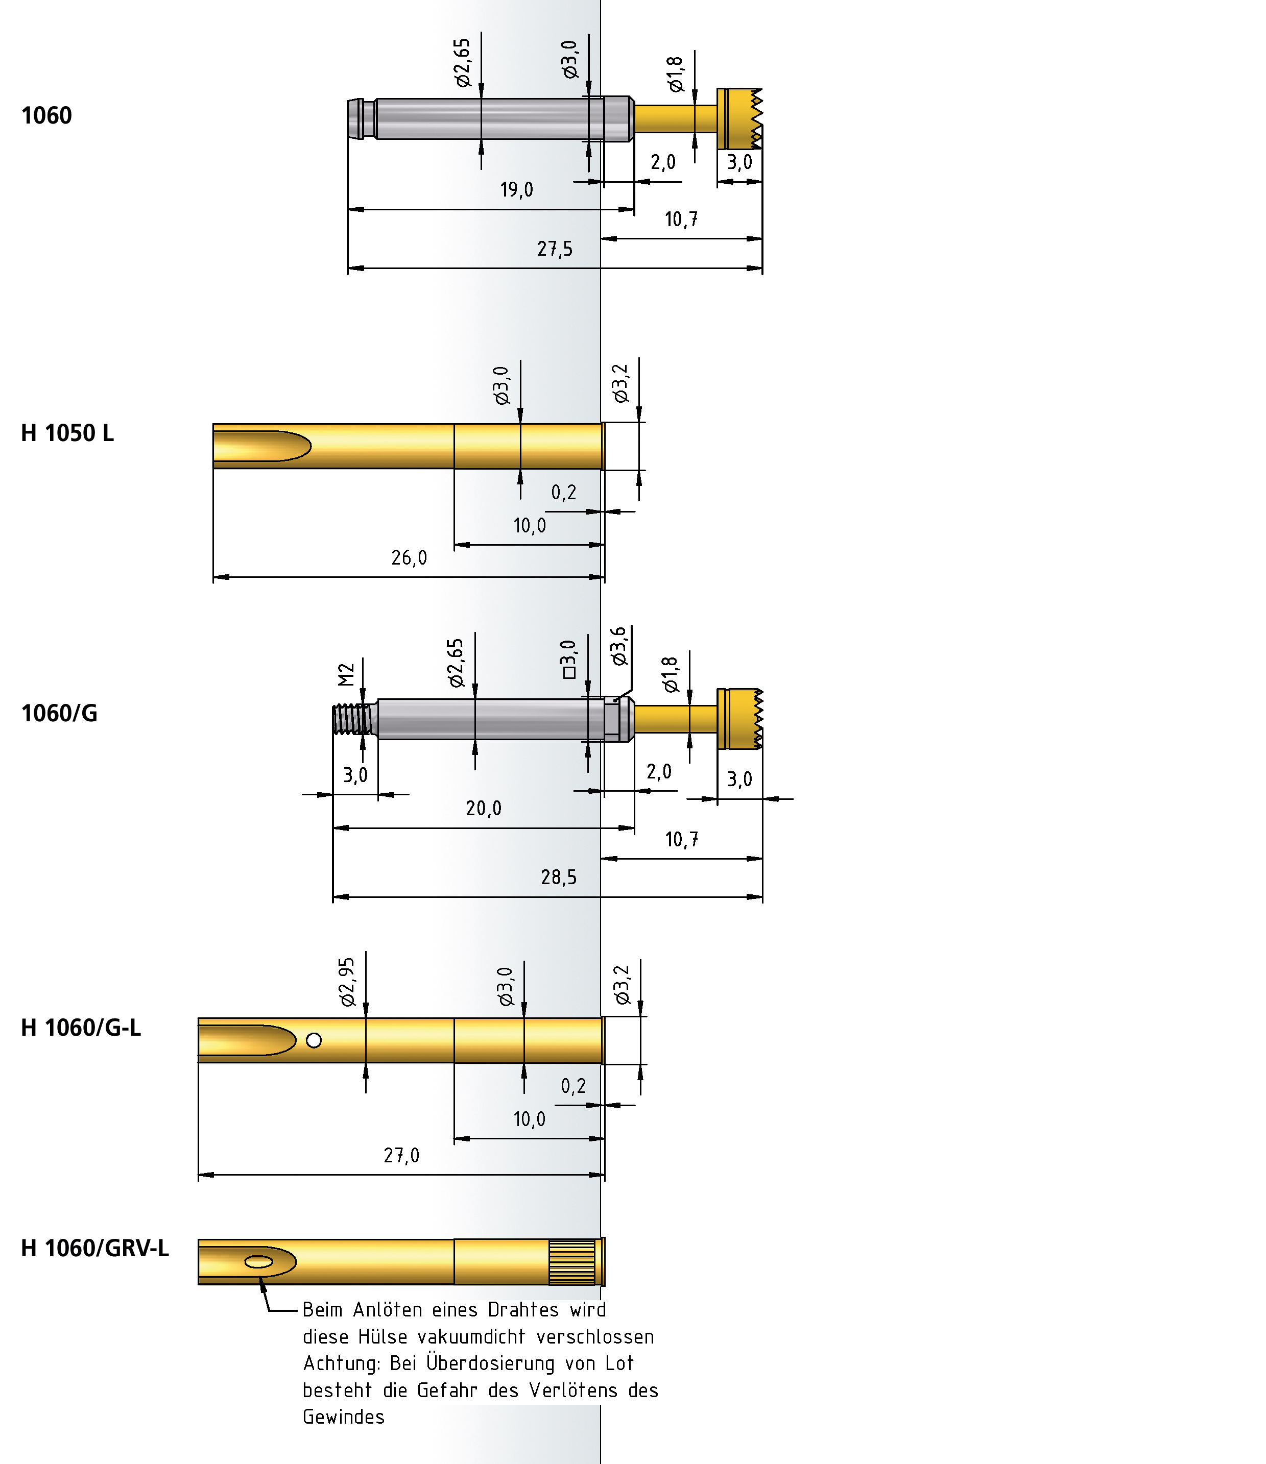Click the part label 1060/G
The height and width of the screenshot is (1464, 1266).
point(59,714)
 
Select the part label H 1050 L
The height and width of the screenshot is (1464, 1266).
point(67,433)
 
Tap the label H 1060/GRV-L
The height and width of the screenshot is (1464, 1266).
point(94,1249)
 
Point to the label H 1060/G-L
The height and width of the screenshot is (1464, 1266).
point(81,1028)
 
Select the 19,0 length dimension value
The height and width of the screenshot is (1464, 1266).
point(517,190)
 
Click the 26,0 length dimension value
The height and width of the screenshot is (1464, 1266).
point(409,558)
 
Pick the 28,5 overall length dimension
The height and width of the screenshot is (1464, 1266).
point(558,877)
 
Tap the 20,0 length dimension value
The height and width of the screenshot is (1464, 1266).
point(484,808)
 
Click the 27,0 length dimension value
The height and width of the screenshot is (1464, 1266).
point(401,1156)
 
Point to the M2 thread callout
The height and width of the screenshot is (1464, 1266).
point(346,675)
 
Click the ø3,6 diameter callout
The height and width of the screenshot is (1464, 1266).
point(619,646)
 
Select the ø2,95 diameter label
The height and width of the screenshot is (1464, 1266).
point(347,982)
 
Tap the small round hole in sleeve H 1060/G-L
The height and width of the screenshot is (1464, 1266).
point(314,1040)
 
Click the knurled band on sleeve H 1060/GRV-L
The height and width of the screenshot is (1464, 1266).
point(572,1262)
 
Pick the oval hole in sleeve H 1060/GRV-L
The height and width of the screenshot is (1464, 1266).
point(259,1262)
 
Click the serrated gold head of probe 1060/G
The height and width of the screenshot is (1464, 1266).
point(740,719)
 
